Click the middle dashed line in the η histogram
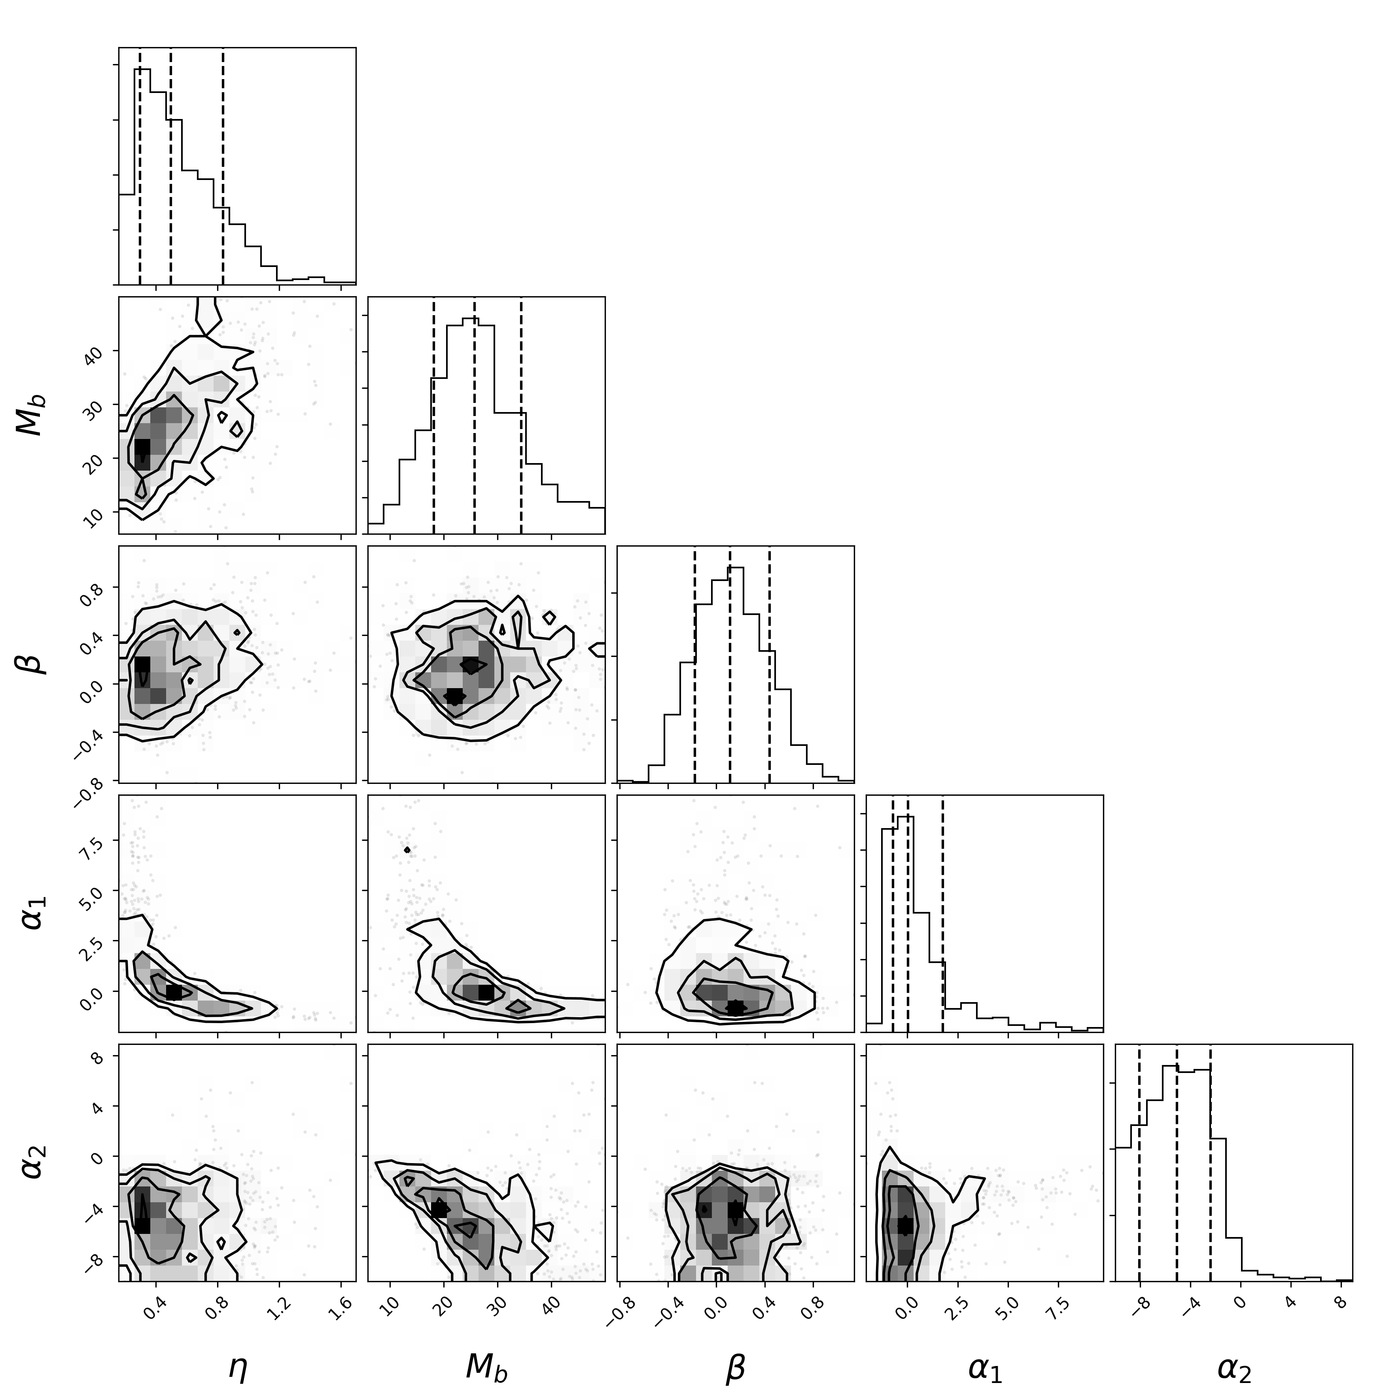(170, 166)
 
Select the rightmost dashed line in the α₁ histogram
(943, 913)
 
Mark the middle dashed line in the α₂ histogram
(1177, 1162)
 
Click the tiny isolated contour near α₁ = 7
(407, 849)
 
